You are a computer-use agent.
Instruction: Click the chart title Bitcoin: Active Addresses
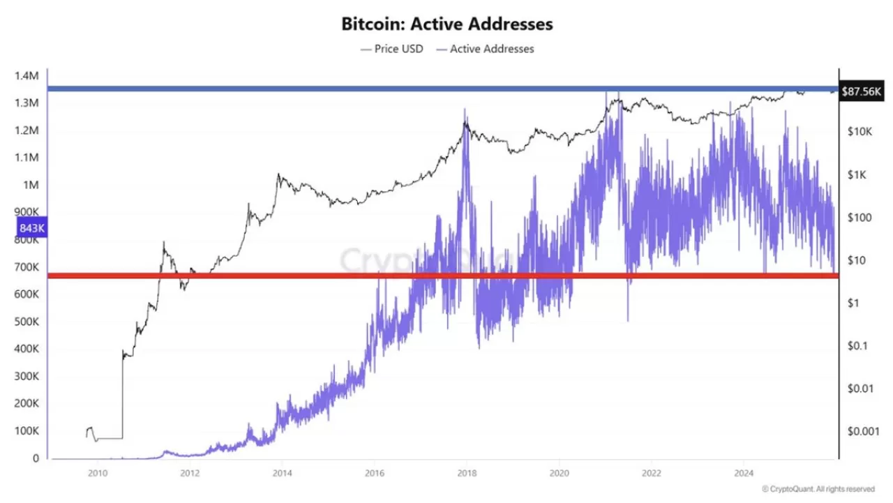(446, 24)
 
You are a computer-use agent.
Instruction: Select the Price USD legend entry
(392, 49)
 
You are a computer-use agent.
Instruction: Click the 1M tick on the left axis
(32, 185)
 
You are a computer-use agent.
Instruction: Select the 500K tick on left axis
(27, 322)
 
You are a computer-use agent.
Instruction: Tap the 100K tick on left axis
(27, 431)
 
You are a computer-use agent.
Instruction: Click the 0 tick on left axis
(36, 458)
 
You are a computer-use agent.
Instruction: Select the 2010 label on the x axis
(97, 472)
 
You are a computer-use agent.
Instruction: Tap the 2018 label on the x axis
(466, 472)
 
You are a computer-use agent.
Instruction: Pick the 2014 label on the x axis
(281, 472)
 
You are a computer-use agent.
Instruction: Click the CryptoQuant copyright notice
(818, 489)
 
